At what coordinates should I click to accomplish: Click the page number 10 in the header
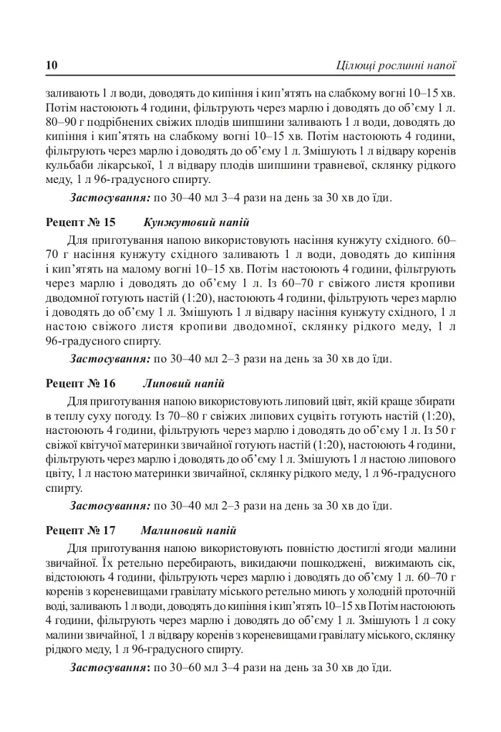pos(52,66)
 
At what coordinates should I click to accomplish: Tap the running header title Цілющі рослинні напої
pos(396,66)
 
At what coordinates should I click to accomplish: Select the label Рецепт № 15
pos(80,222)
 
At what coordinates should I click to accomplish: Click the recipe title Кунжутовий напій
pos(196,222)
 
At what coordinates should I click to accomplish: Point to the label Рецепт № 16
pos(80,384)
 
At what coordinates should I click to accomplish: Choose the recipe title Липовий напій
pos(183,384)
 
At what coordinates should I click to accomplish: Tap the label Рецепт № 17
pos(80,531)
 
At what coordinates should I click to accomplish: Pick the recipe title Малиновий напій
pos(189,531)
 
